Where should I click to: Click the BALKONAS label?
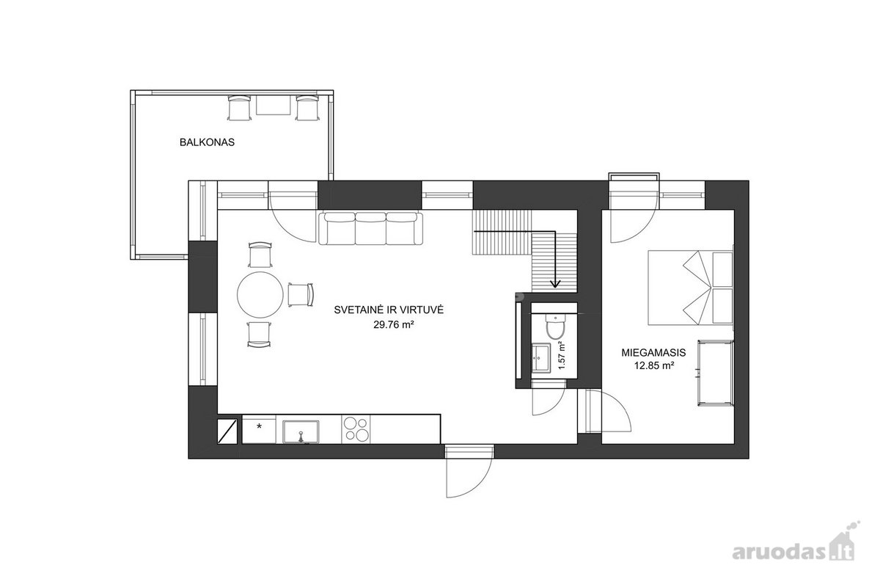(207, 142)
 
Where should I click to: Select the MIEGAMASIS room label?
(653, 353)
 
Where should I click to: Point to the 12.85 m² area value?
(654, 365)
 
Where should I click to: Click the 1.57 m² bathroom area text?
(562, 355)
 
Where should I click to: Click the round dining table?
(260, 295)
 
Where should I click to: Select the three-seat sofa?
(370, 229)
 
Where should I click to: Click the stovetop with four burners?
(356, 429)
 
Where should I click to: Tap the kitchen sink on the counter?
(301, 431)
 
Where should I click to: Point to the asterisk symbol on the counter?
(259, 426)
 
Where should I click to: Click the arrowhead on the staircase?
(555, 283)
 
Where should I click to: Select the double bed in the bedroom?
(691, 288)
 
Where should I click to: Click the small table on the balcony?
(273, 105)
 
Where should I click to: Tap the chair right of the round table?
(301, 294)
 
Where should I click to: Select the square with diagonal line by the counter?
(227, 431)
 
